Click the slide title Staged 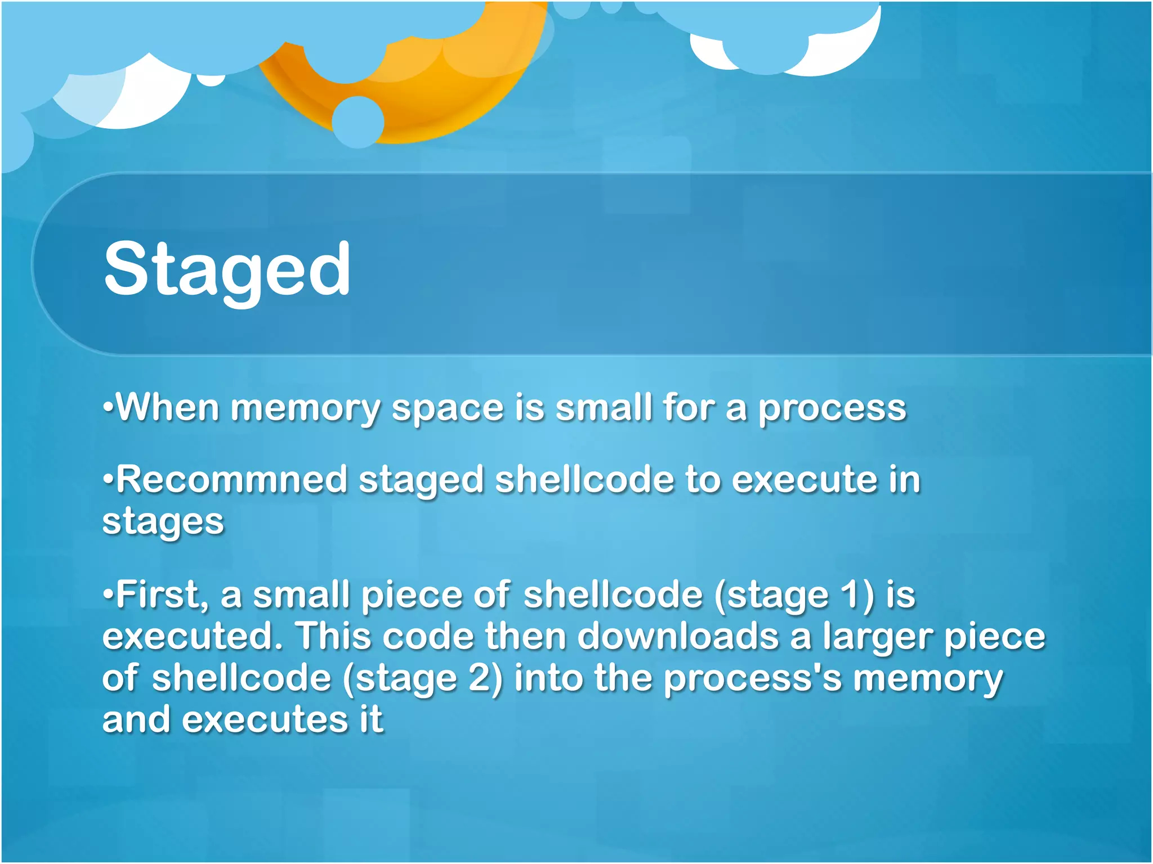pyautogui.click(x=227, y=270)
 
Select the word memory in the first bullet pyautogui.click(x=306, y=409)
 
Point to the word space pyautogui.click(x=448, y=409)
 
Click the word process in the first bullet pyautogui.click(x=832, y=409)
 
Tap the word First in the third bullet pyautogui.click(x=161, y=595)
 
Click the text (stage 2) pyautogui.click(x=423, y=679)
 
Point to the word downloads pyautogui.click(x=678, y=637)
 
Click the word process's pyautogui.click(x=753, y=679)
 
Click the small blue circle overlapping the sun pyautogui.click(x=357, y=122)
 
